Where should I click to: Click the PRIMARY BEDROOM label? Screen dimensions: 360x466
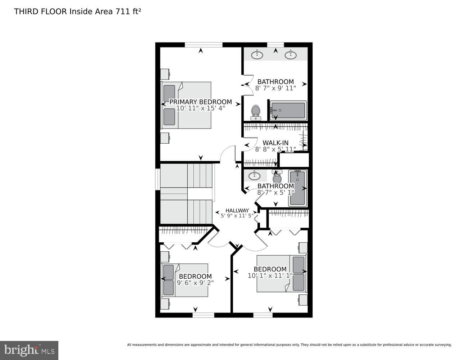pos(201,102)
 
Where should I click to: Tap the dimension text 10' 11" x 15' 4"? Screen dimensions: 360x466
pos(201,108)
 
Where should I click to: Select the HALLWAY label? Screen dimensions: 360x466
pos(237,211)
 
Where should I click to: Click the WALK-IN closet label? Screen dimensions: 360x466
pos(275,143)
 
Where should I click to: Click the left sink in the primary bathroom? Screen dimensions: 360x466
pos(257,55)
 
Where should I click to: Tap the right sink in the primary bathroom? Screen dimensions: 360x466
pos(291,55)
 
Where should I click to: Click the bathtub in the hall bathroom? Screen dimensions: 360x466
pos(297,188)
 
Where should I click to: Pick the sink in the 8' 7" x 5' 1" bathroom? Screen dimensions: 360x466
pos(255,176)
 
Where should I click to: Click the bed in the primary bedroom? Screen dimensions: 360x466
pos(186,105)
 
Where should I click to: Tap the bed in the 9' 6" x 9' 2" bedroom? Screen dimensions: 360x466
pos(185,280)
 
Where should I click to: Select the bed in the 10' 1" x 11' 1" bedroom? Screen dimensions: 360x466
pos(281,274)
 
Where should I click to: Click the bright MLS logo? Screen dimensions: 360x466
pos(29,350)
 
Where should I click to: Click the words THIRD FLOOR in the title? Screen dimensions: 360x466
pos(40,12)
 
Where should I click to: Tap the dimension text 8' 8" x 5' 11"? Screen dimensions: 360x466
pos(275,149)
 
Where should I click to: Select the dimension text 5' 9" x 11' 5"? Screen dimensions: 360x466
pos(237,216)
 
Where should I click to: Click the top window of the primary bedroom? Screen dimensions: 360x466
pos(203,45)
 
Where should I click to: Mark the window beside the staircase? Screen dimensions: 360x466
pos(157,179)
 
